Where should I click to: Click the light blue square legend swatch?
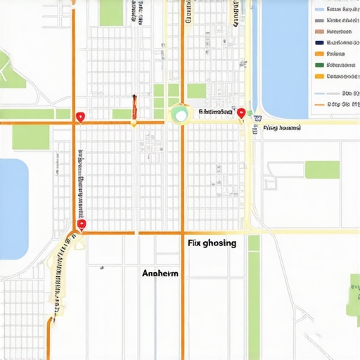[x=319, y=10]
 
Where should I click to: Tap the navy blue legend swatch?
[x=319, y=43]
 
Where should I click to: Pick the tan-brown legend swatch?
[x=319, y=32]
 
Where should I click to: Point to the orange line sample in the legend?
[x=320, y=104]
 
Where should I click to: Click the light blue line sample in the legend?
[x=320, y=94]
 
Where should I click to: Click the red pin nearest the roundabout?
[x=241, y=112]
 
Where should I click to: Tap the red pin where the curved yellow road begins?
[x=82, y=224]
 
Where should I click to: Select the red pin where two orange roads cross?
[x=80, y=117]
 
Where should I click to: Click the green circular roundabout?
[x=180, y=113]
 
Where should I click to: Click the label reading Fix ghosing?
[x=212, y=243]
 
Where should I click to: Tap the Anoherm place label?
[x=160, y=274]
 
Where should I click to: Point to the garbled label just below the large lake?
[x=281, y=129]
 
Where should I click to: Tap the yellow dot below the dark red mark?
[x=133, y=124]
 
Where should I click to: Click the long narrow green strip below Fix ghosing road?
[x=254, y=295]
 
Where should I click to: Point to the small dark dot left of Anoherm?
[x=101, y=267]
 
